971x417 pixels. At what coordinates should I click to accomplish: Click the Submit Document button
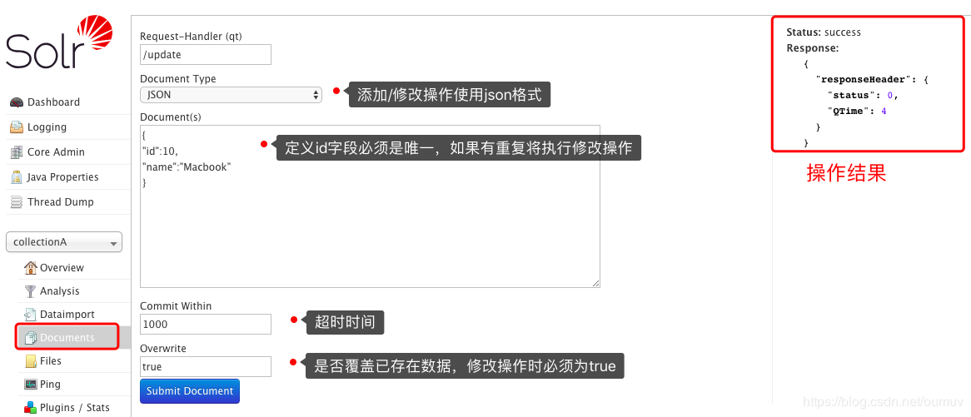pyautogui.click(x=190, y=391)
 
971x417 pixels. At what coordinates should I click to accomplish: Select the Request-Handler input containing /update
pyautogui.click(x=206, y=55)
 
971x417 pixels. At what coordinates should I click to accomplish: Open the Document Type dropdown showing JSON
pyautogui.click(x=231, y=95)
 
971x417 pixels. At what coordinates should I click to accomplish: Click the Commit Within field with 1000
pyautogui.click(x=206, y=325)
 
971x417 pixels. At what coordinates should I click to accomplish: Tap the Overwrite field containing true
pyautogui.click(x=206, y=367)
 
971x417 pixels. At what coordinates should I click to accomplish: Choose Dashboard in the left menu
pyautogui.click(x=53, y=102)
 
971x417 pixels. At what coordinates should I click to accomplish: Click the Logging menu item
pyautogui.click(x=47, y=127)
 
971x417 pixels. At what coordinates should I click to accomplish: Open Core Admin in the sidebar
pyautogui.click(x=56, y=152)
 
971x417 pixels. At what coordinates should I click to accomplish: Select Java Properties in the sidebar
pyautogui.click(x=62, y=177)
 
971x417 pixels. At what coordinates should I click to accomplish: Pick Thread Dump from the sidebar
pyautogui.click(x=60, y=202)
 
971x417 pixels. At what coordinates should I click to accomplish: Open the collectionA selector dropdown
pyautogui.click(x=64, y=242)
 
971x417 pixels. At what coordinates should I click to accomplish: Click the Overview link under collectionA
pyautogui.click(x=62, y=268)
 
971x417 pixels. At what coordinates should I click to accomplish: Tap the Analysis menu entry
pyautogui.click(x=59, y=291)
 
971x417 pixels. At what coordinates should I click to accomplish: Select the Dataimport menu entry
pyautogui.click(x=67, y=315)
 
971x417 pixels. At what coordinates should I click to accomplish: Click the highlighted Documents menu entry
pyautogui.click(x=67, y=338)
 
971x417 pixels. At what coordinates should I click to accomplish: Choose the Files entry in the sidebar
pyautogui.click(x=51, y=361)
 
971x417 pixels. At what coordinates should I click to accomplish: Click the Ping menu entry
pyautogui.click(x=50, y=385)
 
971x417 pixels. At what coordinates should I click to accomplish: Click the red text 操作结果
pyautogui.click(x=846, y=173)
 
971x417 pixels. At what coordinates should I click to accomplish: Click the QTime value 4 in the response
pyautogui.click(x=884, y=111)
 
